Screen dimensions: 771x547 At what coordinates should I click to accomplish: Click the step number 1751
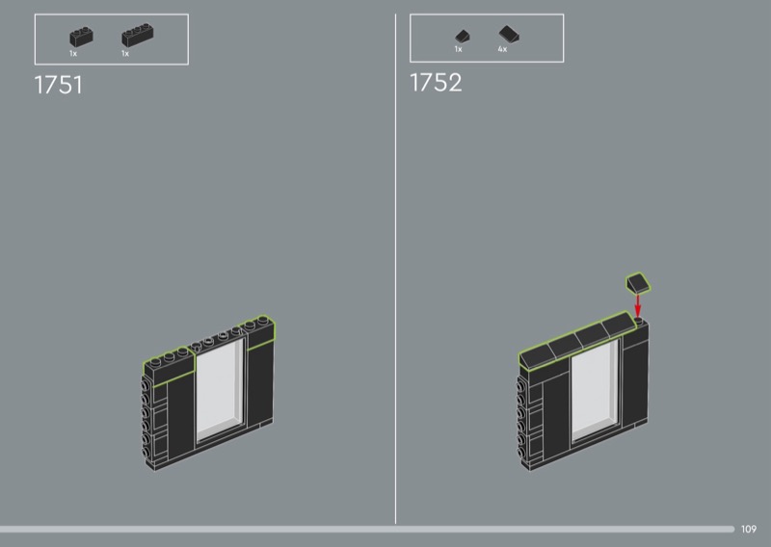pyautogui.click(x=58, y=85)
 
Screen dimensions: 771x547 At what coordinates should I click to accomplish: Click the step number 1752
pyautogui.click(x=436, y=82)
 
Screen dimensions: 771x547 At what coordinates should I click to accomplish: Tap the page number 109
pyautogui.click(x=749, y=529)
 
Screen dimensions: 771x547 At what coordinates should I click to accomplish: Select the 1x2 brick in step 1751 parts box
pyautogui.click(x=81, y=37)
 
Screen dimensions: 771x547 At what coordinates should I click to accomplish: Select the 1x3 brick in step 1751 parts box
pyautogui.click(x=137, y=35)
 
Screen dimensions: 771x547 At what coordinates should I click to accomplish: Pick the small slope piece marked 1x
pyautogui.click(x=463, y=36)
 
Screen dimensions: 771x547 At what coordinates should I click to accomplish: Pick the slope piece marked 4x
pyautogui.click(x=509, y=34)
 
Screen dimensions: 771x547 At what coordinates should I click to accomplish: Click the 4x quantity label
pyautogui.click(x=502, y=49)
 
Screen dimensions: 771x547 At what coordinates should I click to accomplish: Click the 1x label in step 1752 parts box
pyautogui.click(x=459, y=49)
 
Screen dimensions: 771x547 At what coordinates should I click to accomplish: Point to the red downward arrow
pyautogui.click(x=638, y=305)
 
